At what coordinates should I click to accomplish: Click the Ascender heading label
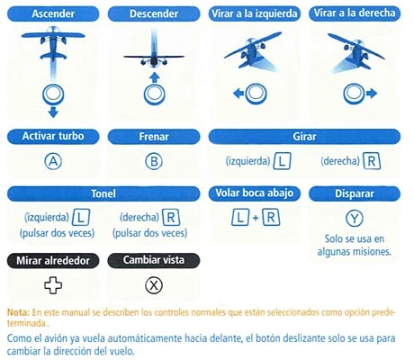(x=53, y=13)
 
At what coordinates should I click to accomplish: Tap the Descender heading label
(x=154, y=13)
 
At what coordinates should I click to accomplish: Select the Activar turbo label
(x=53, y=136)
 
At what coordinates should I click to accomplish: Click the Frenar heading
(x=154, y=137)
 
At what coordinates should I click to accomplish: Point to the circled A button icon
(x=53, y=161)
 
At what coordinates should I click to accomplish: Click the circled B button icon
(x=154, y=161)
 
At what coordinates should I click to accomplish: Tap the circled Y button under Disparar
(x=355, y=219)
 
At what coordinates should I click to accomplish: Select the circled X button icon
(x=154, y=285)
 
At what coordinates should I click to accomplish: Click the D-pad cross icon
(x=53, y=285)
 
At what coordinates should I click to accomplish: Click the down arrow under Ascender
(x=53, y=112)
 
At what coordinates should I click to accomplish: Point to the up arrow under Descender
(x=154, y=77)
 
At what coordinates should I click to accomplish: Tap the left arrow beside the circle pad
(x=238, y=94)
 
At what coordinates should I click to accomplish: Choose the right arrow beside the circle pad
(x=372, y=94)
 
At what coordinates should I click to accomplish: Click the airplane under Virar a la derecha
(x=356, y=51)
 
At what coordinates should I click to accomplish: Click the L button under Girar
(x=282, y=161)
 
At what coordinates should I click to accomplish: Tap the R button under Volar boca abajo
(x=271, y=218)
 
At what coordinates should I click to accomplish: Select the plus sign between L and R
(x=256, y=218)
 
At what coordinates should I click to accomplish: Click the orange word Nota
(x=18, y=312)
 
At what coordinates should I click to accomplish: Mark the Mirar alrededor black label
(x=53, y=260)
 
